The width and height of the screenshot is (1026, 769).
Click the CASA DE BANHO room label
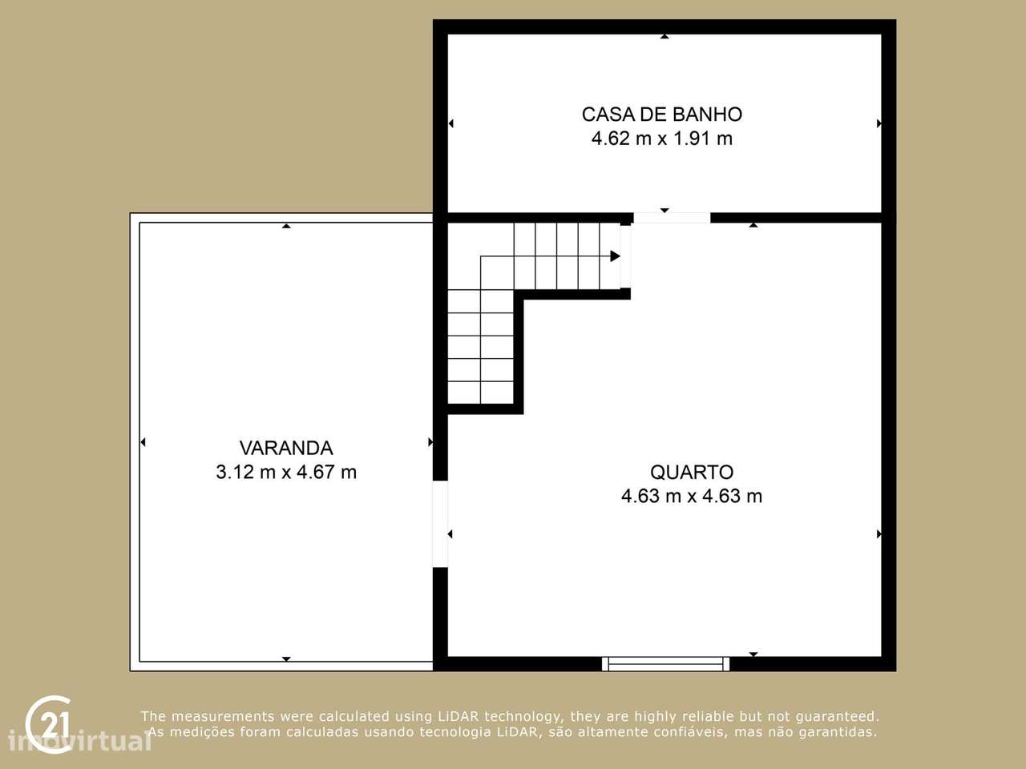[661, 115]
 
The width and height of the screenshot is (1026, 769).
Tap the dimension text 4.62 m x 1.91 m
[661, 139]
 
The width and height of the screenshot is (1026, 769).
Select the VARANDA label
[286, 448]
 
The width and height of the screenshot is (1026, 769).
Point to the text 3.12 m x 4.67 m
[286, 472]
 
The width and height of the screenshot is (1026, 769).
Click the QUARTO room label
[691, 472]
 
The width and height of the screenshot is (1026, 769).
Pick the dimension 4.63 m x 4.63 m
[691, 496]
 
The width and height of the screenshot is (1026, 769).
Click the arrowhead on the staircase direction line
[615, 256]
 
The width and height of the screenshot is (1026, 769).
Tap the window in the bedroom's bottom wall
[665, 663]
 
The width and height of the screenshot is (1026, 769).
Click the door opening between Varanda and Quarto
[440, 524]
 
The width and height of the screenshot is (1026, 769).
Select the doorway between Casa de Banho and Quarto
[672, 217]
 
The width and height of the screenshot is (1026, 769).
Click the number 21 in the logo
[54, 724]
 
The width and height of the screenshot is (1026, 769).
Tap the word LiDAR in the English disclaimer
[458, 716]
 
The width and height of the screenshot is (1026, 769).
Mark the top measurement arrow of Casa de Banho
[664, 37]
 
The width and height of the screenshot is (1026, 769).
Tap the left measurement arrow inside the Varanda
[143, 442]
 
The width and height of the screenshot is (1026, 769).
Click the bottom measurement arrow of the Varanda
[286, 658]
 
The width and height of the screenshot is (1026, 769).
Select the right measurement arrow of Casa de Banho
[879, 123]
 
